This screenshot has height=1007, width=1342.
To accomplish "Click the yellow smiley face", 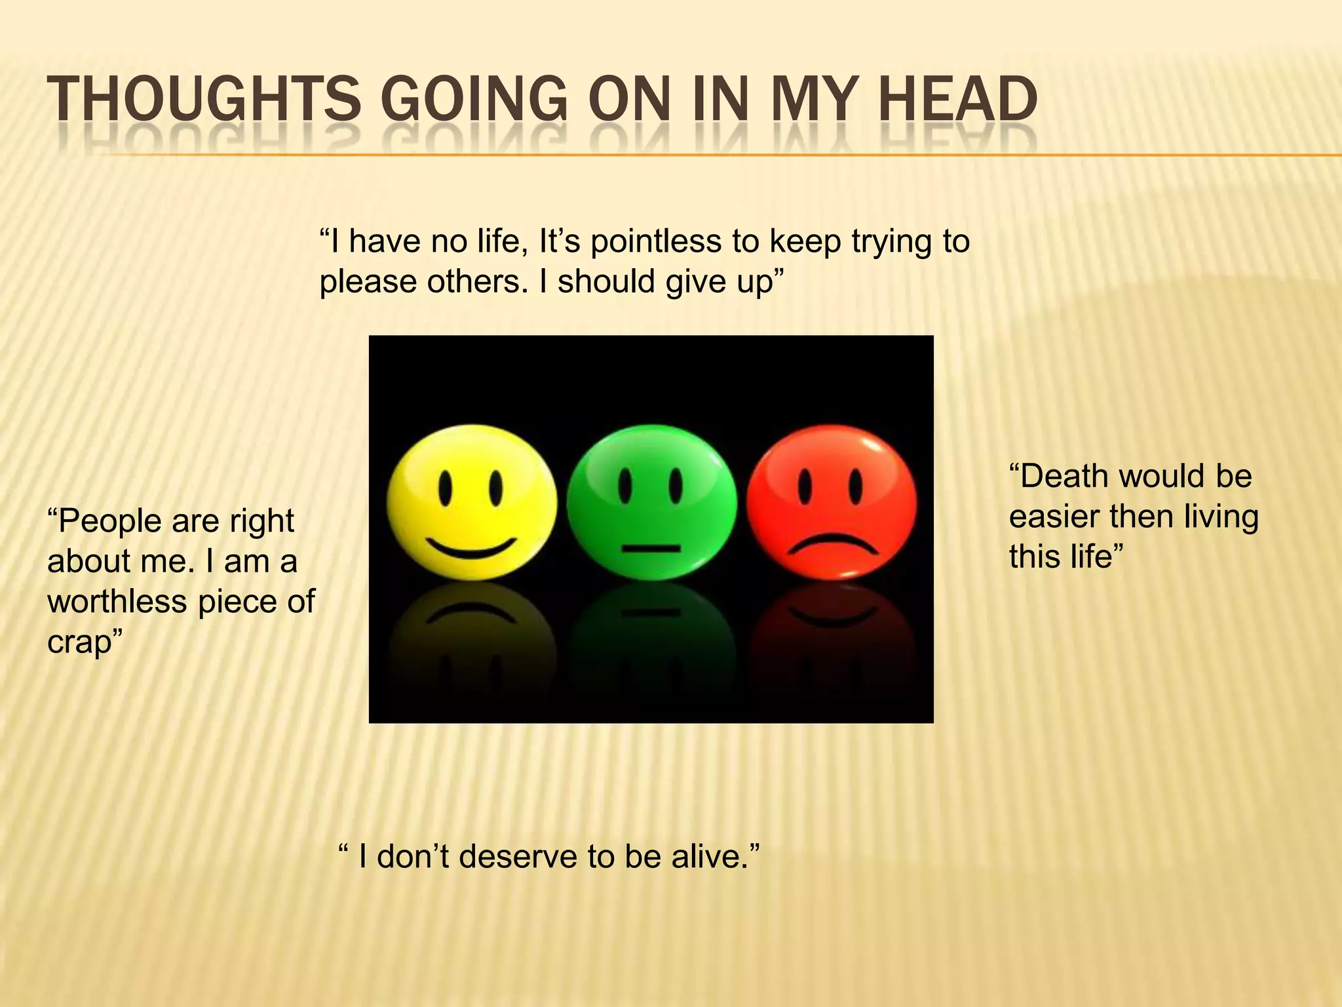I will click(472, 502).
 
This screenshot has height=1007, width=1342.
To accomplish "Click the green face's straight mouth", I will click(651, 548).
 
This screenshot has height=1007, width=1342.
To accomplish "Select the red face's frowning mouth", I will click(832, 544).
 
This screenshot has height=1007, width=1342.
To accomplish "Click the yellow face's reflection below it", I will click(472, 629).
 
